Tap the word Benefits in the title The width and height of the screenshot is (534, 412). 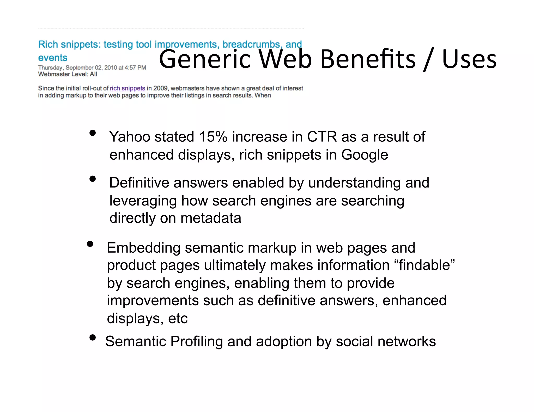coord(368,60)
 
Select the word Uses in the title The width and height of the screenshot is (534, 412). coord(469,60)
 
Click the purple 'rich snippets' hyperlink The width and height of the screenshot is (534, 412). coord(127,88)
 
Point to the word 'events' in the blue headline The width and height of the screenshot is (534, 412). coord(53,58)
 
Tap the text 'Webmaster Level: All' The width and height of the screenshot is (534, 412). coord(68,74)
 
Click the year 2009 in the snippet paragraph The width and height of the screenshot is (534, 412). coord(160,88)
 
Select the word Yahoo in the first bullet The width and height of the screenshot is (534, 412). coord(129,137)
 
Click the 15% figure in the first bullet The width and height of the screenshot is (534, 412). coord(213,137)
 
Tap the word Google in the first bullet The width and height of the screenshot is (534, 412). coord(365,155)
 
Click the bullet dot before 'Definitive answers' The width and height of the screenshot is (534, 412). coord(92,179)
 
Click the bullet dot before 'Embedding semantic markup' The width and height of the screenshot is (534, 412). coord(90,244)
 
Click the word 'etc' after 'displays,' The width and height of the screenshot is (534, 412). coord(178,319)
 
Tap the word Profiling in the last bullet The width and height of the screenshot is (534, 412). coord(197,341)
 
